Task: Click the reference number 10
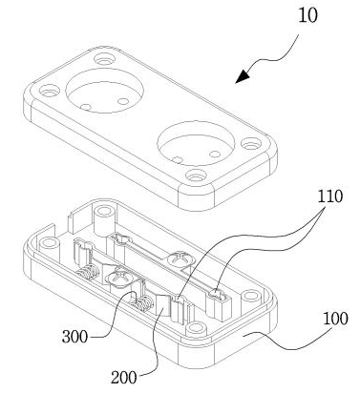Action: pos(307,16)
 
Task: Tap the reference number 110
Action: pos(329,196)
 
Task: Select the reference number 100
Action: pos(335,319)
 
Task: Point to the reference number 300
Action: pos(74,337)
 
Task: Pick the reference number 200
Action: pos(124,378)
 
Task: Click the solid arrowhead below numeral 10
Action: pos(243,76)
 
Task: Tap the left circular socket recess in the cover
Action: pos(104,90)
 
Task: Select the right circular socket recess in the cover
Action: pos(196,144)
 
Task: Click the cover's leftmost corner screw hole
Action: pos(50,92)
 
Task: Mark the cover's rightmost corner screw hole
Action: pos(251,144)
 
